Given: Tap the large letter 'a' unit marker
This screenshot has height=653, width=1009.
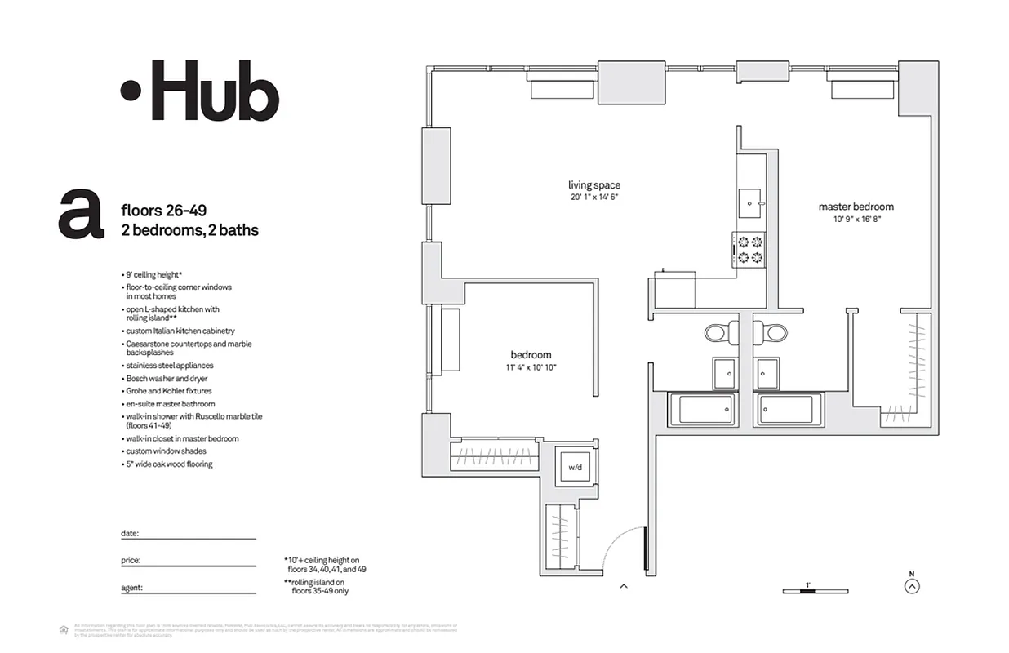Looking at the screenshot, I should [80, 215].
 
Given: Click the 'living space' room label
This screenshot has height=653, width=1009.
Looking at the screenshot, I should [594, 185].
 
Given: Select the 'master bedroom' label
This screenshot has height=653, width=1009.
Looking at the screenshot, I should [856, 207].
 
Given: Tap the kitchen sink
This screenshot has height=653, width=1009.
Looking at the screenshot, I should [749, 203].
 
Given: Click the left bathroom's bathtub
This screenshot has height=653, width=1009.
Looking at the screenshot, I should [701, 409].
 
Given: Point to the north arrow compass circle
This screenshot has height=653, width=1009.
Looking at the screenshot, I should [913, 585].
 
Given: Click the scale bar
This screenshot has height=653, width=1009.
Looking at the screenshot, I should [815, 591].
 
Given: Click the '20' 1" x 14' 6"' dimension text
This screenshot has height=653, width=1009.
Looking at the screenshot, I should [594, 198].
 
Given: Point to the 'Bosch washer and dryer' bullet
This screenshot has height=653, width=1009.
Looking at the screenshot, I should [167, 379].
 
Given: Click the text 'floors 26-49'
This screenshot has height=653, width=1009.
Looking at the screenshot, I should [164, 211].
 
